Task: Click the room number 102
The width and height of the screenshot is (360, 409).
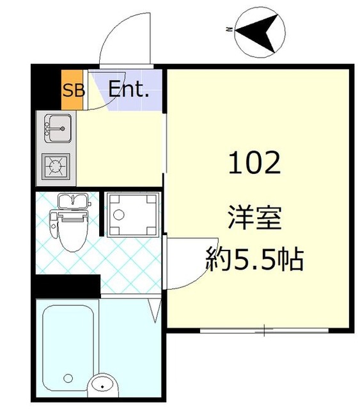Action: (254, 164)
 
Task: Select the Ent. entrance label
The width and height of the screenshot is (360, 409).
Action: (128, 89)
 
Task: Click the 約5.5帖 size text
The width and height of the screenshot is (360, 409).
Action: (254, 258)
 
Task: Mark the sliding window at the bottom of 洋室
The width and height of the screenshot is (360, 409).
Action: (264, 331)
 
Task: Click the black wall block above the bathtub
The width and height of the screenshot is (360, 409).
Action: (67, 286)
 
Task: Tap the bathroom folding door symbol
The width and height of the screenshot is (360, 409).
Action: (153, 310)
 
